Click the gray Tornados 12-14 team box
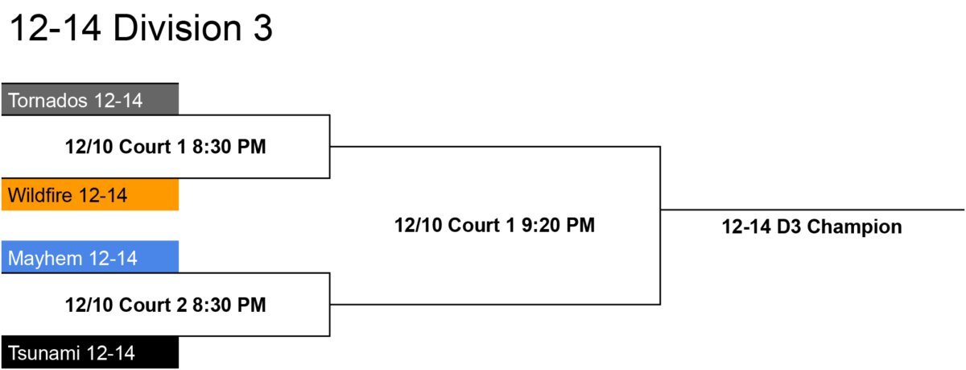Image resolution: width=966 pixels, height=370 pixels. pos(90,99)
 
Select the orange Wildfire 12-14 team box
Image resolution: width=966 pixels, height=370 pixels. pos(90,195)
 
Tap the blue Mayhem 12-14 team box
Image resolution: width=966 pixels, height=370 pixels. pos(90,257)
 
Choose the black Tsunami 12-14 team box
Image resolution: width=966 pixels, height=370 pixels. pos(90,352)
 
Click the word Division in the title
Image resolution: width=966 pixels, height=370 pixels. pos(177,28)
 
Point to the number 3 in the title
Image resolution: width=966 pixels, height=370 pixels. pos(263,28)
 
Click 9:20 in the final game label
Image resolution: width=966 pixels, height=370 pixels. pos(540,226)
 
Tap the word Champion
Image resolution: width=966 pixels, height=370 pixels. pos(854,227)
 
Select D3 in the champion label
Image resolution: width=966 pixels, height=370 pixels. pos(789,227)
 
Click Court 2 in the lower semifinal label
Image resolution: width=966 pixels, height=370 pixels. pos(153,305)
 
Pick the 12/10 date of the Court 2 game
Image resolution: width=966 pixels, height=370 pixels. pos(89,305)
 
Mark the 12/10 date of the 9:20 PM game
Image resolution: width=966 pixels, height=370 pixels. pos(418,226)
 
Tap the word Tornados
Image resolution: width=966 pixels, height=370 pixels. pos(47,101)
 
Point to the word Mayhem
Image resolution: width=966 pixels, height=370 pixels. pos(45,259)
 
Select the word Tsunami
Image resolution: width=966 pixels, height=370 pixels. pos(44,353)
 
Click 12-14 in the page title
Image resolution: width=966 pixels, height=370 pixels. pos(56,28)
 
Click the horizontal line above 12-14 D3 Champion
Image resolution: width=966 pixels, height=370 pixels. pos(812,210)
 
